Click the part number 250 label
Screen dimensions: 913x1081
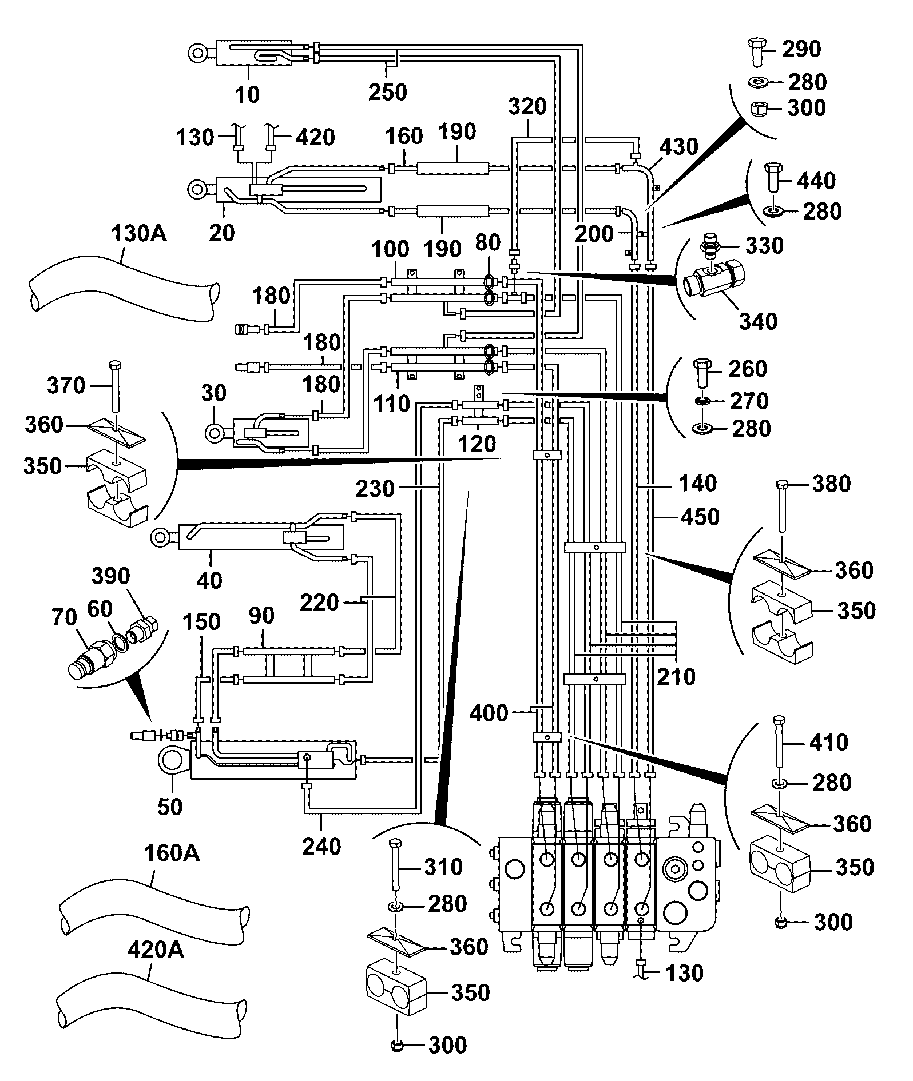(x=388, y=91)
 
